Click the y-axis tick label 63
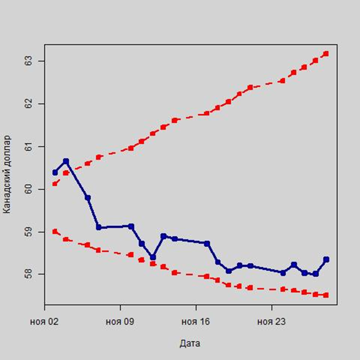(x=28, y=61)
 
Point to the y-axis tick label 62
(x=28, y=104)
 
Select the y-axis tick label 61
(x=28, y=146)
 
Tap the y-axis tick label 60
(x=28, y=189)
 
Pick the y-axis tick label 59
(x=28, y=232)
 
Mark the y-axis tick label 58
(x=28, y=274)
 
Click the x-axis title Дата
(x=190, y=343)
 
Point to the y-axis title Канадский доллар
(x=7, y=174)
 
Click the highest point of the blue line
(x=66, y=161)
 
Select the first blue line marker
(x=55, y=172)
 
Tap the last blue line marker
(x=326, y=259)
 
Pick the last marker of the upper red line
(x=326, y=54)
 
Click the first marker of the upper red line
(x=55, y=183)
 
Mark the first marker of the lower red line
(x=55, y=231)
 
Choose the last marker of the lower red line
(x=326, y=295)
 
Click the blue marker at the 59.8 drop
(x=88, y=198)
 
